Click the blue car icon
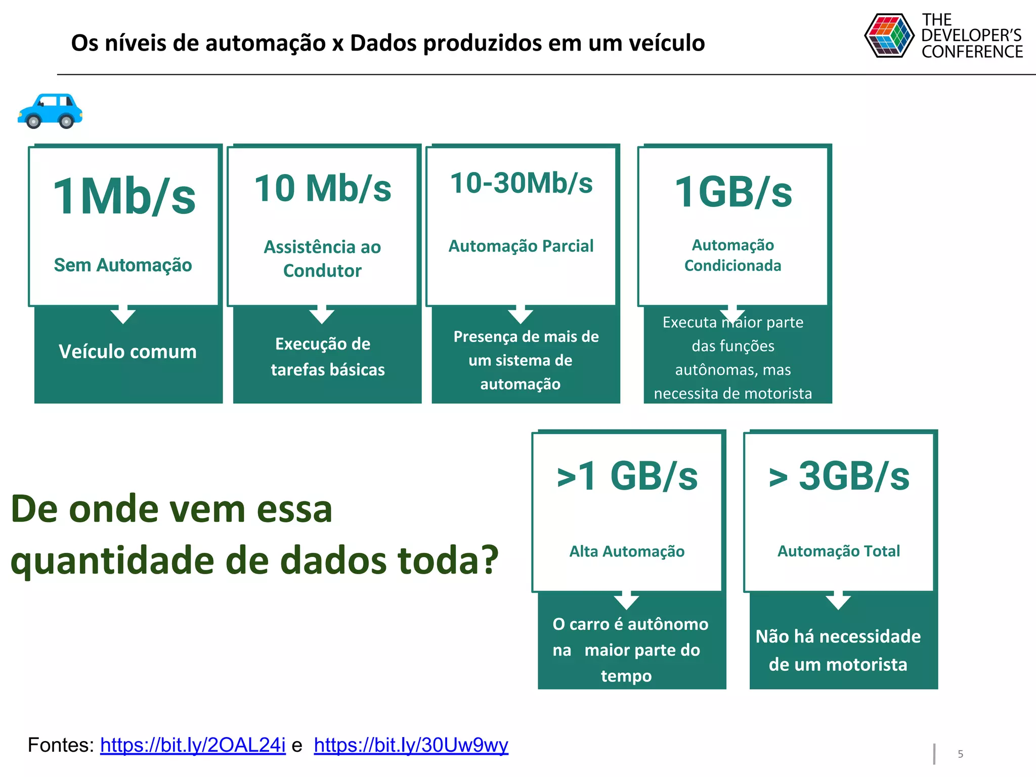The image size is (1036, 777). pos(50,111)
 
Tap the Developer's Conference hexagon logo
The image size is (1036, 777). pos(889,35)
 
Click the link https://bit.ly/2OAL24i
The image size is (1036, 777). pos(193,745)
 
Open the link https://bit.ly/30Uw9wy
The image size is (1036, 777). pos(411,745)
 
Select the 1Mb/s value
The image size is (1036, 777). pos(124,197)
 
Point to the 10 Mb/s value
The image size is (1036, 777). pos(323,189)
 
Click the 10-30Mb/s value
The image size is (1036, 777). pos(521,183)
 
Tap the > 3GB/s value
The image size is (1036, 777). pos(839,477)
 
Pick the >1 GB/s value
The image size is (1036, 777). pos(627,477)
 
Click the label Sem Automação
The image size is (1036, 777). pos(123,265)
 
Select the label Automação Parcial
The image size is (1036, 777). pos(521,246)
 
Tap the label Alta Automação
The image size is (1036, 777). pos(627,551)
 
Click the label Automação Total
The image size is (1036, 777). pos(839,551)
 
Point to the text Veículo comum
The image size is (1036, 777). pos(127,352)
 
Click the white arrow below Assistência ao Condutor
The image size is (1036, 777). pos(322,315)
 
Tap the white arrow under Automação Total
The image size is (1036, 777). pos(838,601)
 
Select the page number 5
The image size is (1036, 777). pos(960,754)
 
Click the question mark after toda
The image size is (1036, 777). pos(488,562)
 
